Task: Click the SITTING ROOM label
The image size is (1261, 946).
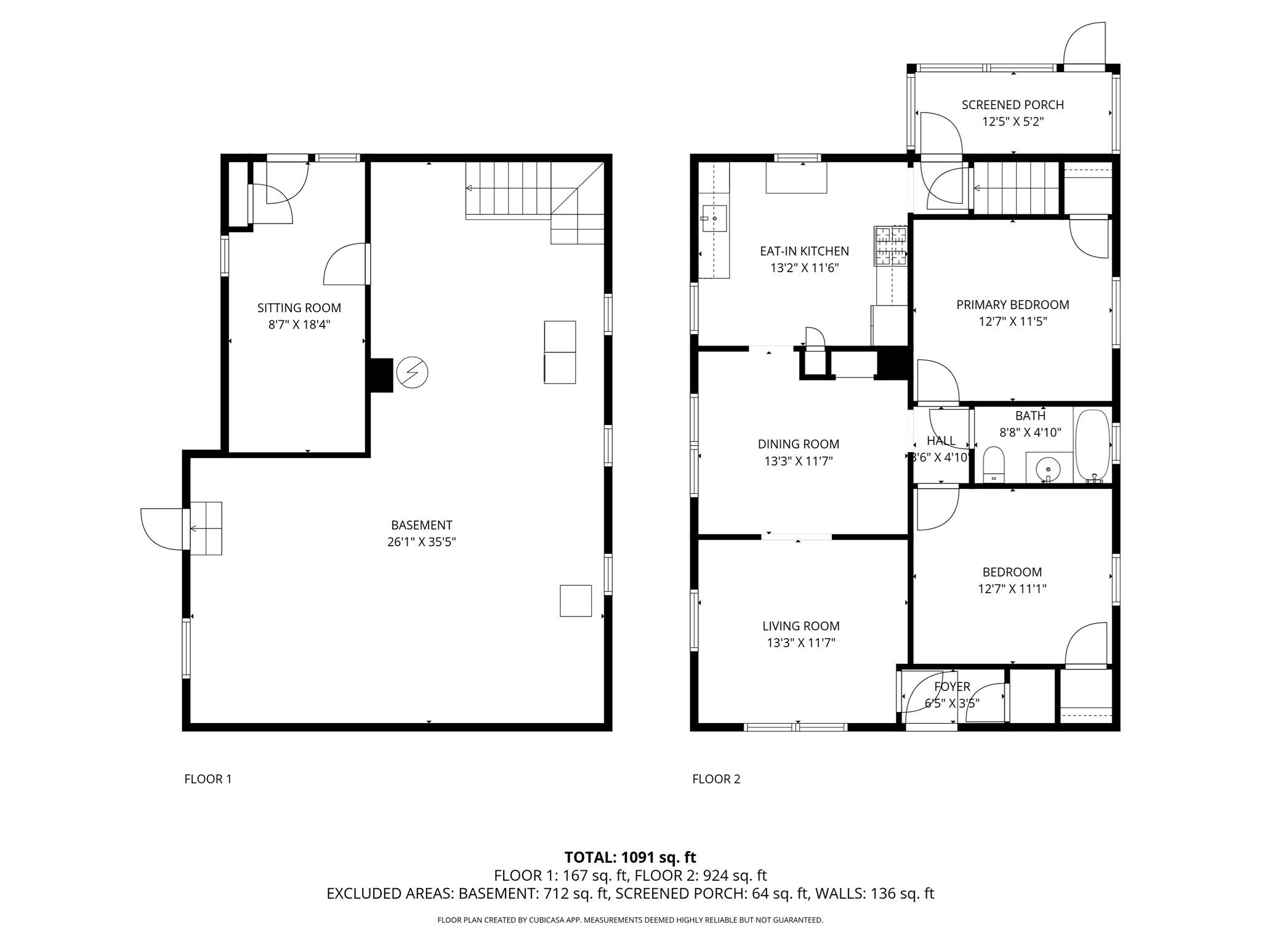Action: [x=299, y=308]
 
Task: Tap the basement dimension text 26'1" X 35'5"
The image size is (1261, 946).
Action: [x=421, y=542]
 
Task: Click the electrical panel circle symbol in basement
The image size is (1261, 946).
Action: [x=412, y=373]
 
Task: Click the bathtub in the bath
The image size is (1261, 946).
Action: [x=1092, y=446]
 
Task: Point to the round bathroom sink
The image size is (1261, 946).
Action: [x=1048, y=469]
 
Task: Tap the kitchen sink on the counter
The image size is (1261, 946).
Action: [x=714, y=219]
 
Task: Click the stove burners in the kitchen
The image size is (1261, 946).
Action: [x=890, y=245]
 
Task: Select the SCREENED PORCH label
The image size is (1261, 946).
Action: [x=1013, y=105]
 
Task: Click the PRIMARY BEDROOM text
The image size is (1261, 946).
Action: [x=1013, y=304]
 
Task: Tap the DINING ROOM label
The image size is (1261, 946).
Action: [x=799, y=444]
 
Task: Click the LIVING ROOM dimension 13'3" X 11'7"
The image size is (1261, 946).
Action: [x=800, y=643]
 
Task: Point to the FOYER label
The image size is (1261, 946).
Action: [x=952, y=687]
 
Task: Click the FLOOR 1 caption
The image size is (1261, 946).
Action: [x=208, y=779]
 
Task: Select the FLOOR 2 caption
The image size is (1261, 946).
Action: [x=716, y=779]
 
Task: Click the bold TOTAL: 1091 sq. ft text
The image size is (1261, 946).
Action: [x=630, y=857]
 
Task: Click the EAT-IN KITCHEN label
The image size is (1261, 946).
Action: [x=804, y=251]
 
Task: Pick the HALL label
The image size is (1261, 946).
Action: [x=941, y=441]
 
